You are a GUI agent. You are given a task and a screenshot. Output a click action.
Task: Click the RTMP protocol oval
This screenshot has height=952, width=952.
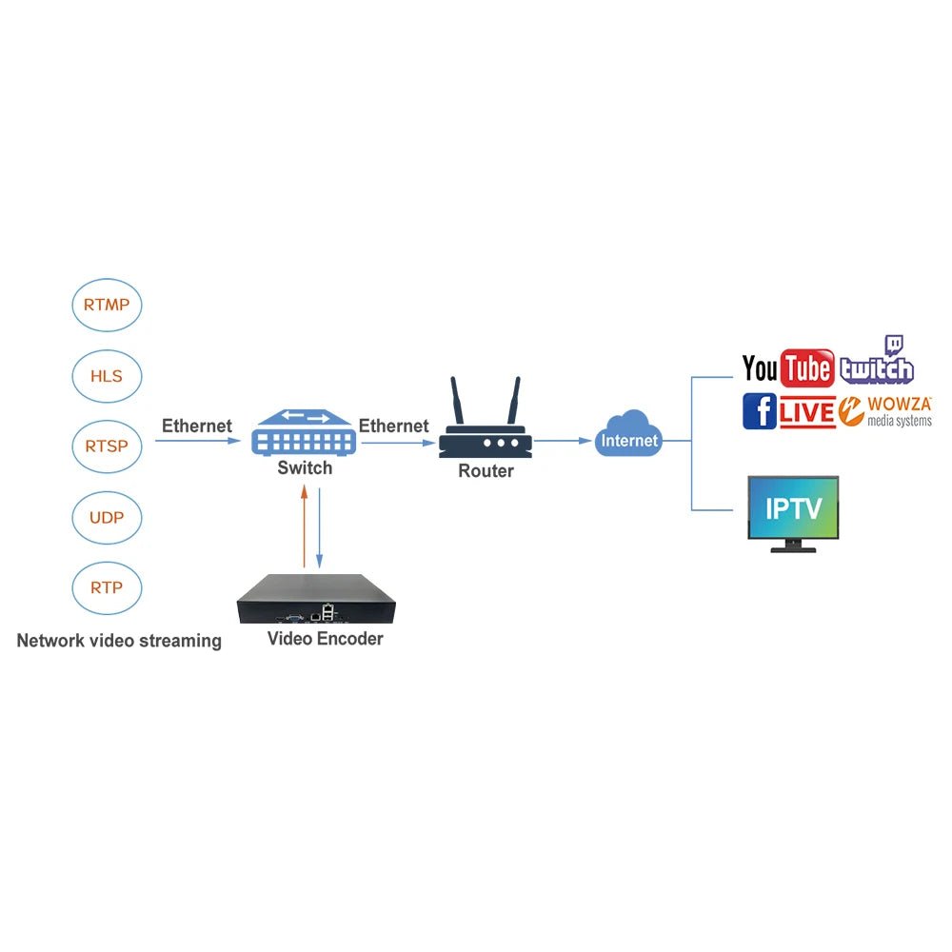coord(107,306)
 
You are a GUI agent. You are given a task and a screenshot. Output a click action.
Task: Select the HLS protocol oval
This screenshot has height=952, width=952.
coord(107,376)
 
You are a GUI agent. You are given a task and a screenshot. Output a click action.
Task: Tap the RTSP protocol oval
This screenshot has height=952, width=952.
coord(107,446)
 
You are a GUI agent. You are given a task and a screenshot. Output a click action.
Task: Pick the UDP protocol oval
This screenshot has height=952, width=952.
coord(107,518)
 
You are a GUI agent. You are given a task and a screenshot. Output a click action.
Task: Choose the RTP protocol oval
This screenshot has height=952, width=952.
coord(107,587)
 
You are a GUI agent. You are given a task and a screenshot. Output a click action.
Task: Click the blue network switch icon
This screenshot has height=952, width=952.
coord(304,433)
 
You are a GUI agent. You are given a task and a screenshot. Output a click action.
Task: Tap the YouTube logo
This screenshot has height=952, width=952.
coord(787,368)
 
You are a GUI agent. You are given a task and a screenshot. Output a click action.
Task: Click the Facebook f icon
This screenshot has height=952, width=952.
coord(759,410)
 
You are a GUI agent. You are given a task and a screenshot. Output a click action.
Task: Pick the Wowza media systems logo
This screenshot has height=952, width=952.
coord(885,411)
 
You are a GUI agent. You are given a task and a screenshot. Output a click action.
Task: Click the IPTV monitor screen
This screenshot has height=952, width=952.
coord(793,507)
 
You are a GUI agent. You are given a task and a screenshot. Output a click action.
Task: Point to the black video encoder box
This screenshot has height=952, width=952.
coord(315,599)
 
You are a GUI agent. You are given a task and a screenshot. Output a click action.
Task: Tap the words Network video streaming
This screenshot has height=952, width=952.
coord(119,641)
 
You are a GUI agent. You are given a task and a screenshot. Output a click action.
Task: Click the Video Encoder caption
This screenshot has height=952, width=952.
coord(325,639)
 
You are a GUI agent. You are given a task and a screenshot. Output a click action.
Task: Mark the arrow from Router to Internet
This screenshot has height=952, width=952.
coord(562,441)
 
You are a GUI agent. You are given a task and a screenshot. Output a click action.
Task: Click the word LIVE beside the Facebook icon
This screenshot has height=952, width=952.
coord(807,413)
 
